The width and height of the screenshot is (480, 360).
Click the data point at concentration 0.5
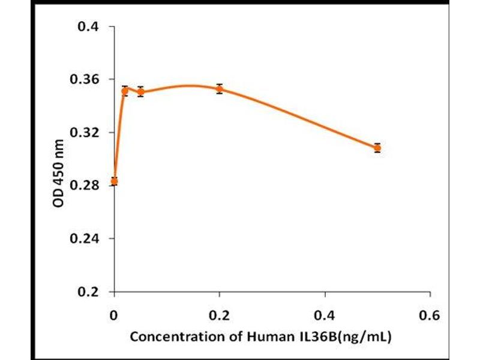377,148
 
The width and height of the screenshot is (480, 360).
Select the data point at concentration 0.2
220,89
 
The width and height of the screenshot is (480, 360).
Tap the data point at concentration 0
114,181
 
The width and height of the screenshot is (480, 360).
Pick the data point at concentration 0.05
140,92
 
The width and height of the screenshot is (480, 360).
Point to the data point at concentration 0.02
125,91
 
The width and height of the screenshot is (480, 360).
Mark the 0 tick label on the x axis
114,314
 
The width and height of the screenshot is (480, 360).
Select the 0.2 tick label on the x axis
220,314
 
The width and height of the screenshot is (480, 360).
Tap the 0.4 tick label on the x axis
325,314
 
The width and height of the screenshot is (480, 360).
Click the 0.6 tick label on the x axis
430,314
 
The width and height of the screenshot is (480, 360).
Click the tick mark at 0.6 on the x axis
430,295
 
